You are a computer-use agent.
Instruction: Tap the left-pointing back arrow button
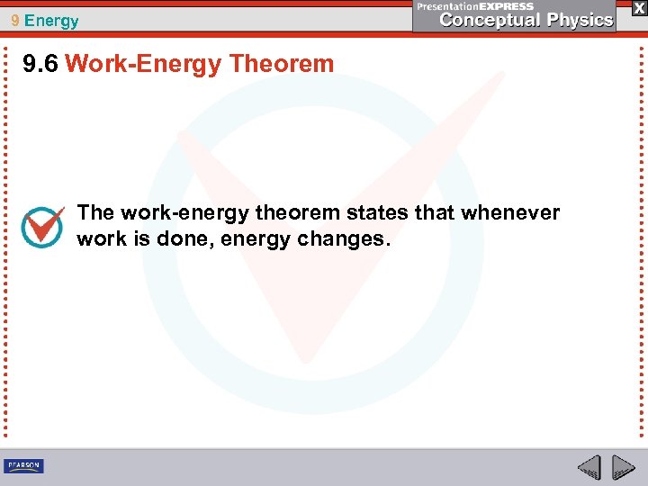(x=589, y=467)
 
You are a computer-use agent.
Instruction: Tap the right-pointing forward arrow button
(x=622, y=467)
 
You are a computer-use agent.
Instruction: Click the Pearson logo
(x=23, y=465)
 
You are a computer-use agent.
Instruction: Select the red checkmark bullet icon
(x=42, y=227)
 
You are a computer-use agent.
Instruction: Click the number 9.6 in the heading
(x=41, y=64)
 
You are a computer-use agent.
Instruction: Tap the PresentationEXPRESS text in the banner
(x=475, y=6)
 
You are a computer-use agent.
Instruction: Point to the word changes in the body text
(x=346, y=240)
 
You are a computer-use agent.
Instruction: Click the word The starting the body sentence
(x=95, y=213)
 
